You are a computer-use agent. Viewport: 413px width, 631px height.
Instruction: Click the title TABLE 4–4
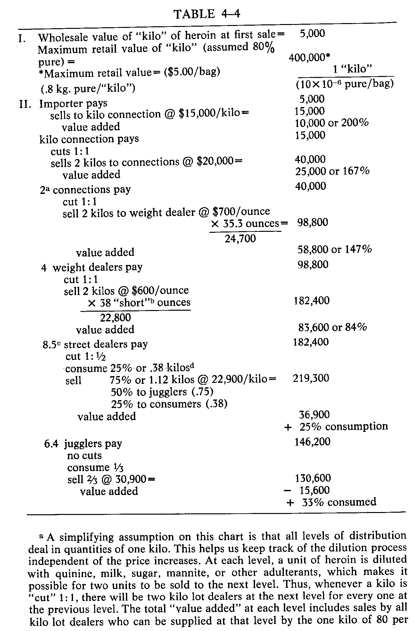coord(207,14)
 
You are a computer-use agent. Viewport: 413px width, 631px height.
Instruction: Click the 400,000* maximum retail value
coord(309,58)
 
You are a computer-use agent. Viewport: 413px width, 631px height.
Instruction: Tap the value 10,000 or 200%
coord(331,122)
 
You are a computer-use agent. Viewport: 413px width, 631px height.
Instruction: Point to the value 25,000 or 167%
coord(332,171)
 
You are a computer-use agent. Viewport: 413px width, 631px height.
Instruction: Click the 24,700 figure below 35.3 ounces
coord(240,239)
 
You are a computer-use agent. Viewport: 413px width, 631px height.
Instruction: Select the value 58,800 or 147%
coord(335,249)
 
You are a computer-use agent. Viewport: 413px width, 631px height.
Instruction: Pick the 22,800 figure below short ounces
coord(115,317)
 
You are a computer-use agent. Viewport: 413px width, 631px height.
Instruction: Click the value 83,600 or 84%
coord(332,327)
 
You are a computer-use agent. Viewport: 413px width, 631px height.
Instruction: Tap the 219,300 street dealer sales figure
coord(311,378)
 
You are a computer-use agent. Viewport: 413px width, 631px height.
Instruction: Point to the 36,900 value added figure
coord(314,415)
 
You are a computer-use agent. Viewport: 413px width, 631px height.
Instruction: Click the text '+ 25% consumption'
coord(336,426)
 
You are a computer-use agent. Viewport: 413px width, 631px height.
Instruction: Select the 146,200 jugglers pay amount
coord(312,442)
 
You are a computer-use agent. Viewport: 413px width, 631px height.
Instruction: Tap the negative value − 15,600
coord(307,490)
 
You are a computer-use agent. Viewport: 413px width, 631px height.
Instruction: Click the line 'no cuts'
coord(84,455)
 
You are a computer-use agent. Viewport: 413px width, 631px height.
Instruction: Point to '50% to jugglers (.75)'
coord(162,392)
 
